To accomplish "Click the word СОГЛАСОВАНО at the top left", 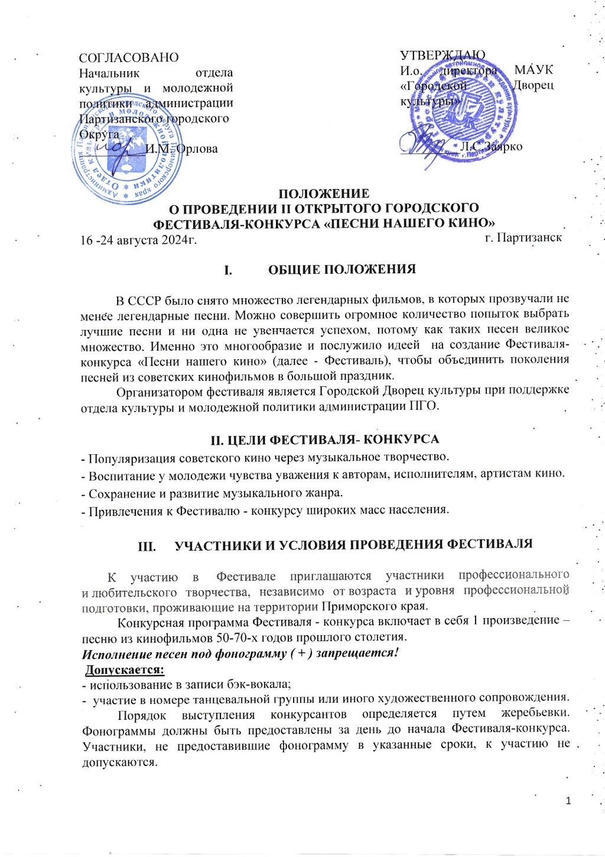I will pos(129,57).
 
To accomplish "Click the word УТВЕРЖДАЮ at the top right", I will pos(443,55).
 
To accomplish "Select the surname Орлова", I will pos(197,149).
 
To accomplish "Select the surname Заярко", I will pos(503,146).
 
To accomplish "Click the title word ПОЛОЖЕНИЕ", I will pos(324,193).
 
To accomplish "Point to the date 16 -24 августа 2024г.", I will pos(138,240).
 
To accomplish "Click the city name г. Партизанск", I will pos(523,238).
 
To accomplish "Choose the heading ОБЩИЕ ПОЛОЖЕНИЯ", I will pos(342,270).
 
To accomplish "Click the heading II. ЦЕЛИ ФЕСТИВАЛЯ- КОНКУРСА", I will pos(325,439).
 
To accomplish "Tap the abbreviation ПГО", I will pos(424,406).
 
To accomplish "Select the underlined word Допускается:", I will pos(125,670).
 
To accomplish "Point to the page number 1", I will pos(568,801).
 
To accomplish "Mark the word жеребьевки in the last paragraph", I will pos(535,714).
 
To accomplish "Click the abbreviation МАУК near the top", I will pos(534,70).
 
